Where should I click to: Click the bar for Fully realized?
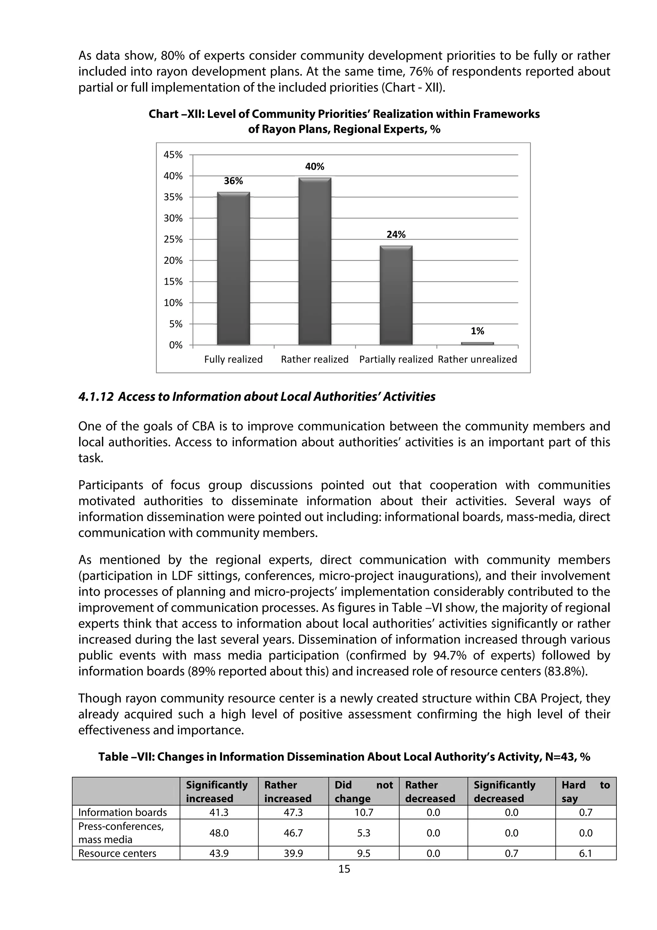pyautogui.click(x=233, y=268)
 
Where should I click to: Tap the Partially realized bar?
pyautogui.click(x=396, y=295)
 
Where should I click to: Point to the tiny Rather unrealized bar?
pyautogui.click(x=477, y=343)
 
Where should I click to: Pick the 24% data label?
pyautogui.click(x=396, y=235)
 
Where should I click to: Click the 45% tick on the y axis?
pyautogui.click(x=173, y=155)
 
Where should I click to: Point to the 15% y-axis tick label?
pyautogui.click(x=173, y=281)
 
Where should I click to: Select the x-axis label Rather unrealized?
pyautogui.click(x=477, y=359)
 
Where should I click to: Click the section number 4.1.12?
pyautogui.click(x=96, y=397)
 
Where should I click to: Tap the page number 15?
pyautogui.click(x=344, y=869)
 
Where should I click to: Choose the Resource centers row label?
pyautogui.click(x=117, y=853)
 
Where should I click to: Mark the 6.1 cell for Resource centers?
pyautogui.click(x=585, y=853)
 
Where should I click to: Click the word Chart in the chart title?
pyautogui.click(x=163, y=114)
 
